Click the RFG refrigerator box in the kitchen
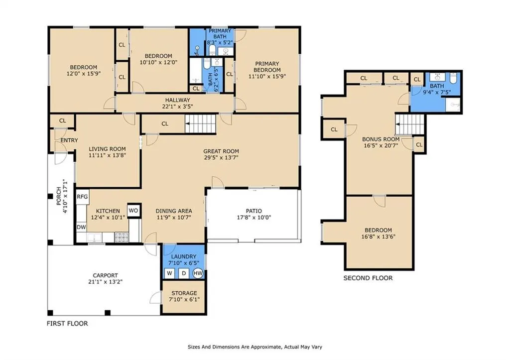(x=82, y=197)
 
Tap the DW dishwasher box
(x=81, y=227)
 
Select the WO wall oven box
(x=133, y=211)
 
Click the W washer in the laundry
(x=169, y=273)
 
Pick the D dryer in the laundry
(x=184, y=273)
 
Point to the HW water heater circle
(x=198, y=273)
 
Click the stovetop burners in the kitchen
(x=122, y=238)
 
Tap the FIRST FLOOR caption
(x=67, y=323)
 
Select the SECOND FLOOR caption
(x=368, y=278)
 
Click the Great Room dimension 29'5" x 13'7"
(x=221, y=158)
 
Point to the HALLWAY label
(x=178, y=100)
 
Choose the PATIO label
(x=254, y=211)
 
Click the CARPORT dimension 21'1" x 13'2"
(x=105, y=282)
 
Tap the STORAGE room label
(x=184, y=293)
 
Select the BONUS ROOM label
(x=381, y=139)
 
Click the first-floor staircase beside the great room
(x=201, y=123)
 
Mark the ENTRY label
(x=69, y=140)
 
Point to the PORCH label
(x=59, y=196)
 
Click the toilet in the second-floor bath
(x=453, y=78)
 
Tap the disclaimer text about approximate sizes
(x=255, y=347)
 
